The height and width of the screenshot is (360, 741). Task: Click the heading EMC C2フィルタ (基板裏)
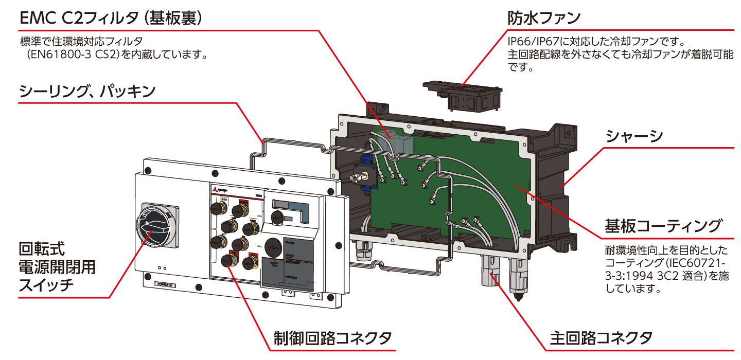pos(111,18)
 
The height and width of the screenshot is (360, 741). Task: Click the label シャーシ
pos(634,136)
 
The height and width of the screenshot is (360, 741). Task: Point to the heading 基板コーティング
pos(663,226)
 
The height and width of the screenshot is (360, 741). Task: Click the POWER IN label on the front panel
pos(167,284)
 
